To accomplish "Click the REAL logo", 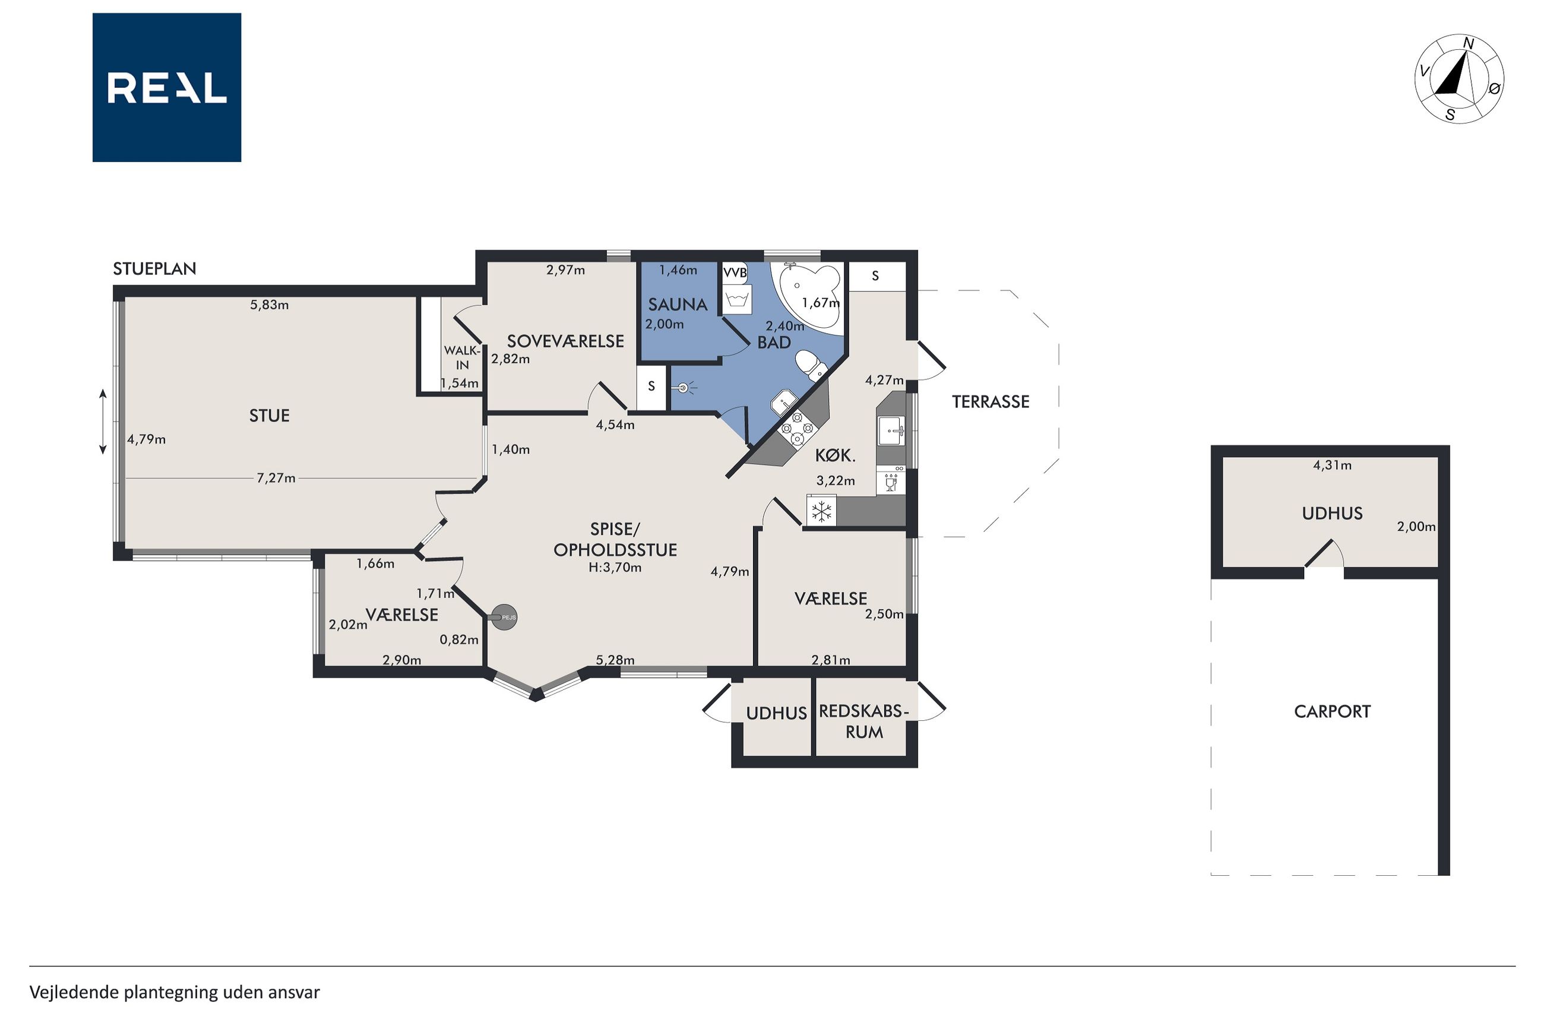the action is (x=167, y=87).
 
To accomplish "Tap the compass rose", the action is (x=1458, y=79).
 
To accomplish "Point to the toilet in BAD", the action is (x=811, y=365).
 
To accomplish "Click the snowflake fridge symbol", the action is (x=821, y=512).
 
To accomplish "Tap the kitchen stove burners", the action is (x=796, y=430).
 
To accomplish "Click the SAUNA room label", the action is (x=678, y=305).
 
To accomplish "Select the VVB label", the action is (x=735, y=273).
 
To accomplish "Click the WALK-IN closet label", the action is (x=462, y=357).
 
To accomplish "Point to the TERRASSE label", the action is (x=990, y=401).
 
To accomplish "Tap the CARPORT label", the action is (x=1332, y=711).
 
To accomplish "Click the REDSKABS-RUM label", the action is (x=864, y=722).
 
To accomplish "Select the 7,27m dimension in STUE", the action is (x=276, y=478).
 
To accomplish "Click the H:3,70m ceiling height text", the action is (x=615, y=568).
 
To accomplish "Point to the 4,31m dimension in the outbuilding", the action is (x=1332, y=466).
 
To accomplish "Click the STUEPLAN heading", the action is (x=155, y=268).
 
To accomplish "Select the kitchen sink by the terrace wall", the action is (x=891, y=430).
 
